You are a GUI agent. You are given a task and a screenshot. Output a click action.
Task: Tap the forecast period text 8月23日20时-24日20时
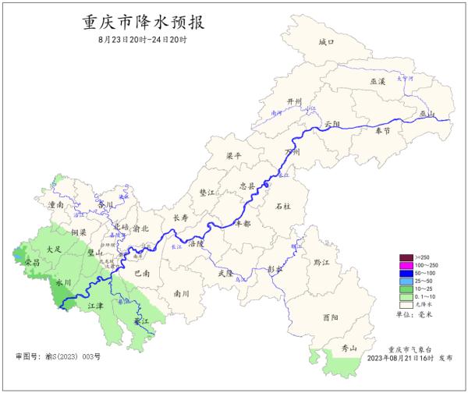click(x=143, y=39)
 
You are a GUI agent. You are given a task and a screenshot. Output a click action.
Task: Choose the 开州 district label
click(x=272, y=102)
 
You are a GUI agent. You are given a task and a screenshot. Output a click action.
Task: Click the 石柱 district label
click(x=284, y=206)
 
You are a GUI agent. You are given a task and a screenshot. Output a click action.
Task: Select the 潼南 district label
click(x=55, y=204)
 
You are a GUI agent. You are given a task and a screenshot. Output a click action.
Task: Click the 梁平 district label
click(x=232, y=155)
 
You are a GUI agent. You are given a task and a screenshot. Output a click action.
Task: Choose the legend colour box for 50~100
click(x=405, y=273)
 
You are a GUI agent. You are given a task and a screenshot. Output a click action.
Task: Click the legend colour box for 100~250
click(x=405, y=265)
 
